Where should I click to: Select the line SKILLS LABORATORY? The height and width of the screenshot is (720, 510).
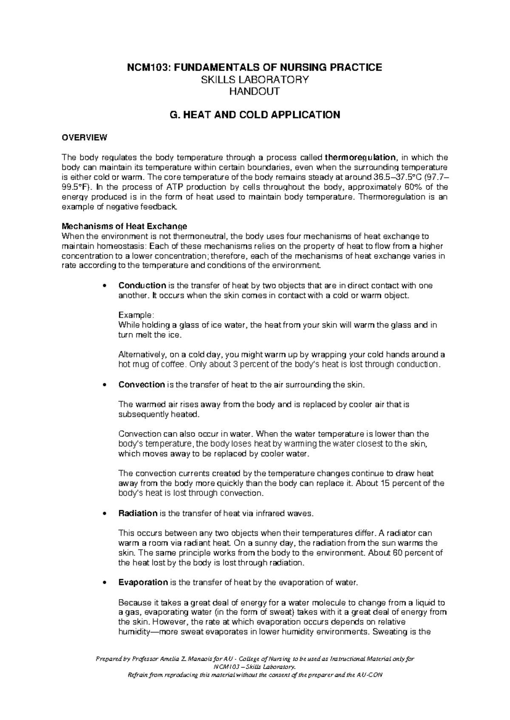point(255,79)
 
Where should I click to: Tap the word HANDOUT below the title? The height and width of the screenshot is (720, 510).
point(255,91)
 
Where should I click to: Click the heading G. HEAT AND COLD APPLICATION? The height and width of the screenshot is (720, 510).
point(255,115)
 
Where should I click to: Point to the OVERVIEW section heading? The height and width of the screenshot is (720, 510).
point(85,138)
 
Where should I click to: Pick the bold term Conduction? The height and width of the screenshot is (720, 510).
point(142,285)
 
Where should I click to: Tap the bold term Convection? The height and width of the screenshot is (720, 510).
point(142,385)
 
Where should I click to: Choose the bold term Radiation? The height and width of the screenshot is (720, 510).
point(138,513)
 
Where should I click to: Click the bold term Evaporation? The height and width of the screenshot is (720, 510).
point(143,582)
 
